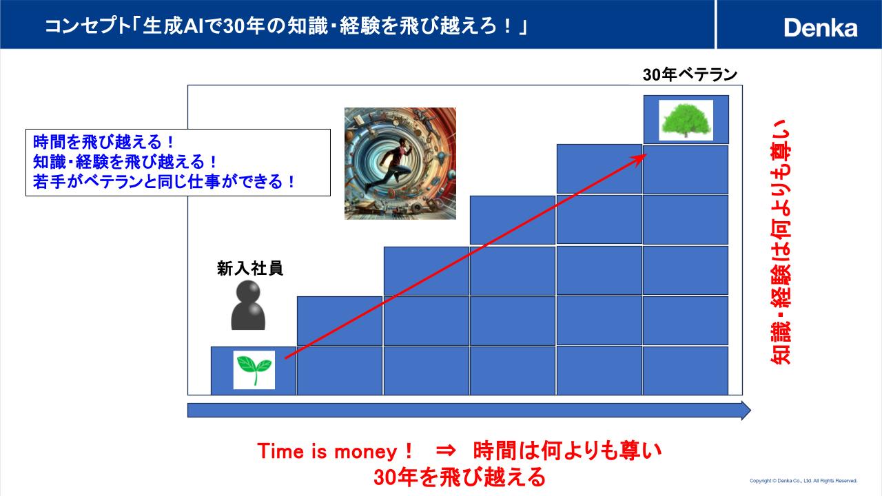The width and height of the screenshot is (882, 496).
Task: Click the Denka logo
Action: pyautogui.click(x=821, y=28)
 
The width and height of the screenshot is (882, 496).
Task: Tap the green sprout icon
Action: pyautogui.click(x=254, y=370)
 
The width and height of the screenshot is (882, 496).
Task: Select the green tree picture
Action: pyautogui.click(x=686, y=120)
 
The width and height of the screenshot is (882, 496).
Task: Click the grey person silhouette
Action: pyautogui.click(x=248, y=305)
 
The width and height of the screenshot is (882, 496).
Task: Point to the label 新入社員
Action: pyautogui.click(x=250, y=269)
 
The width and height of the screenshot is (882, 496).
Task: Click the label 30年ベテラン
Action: pyautogui.click(x=690, y=74)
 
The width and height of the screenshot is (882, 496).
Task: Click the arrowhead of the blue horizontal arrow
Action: pyautogui.click(x=746, y=411)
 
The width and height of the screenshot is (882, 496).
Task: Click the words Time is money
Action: pyautogui.click(x=327, y=451)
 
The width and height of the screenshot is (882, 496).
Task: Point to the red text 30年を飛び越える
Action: pyautogui.click(x=460, y=477)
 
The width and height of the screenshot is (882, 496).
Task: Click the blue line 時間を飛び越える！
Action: pyautogui.click(x=103, y=142)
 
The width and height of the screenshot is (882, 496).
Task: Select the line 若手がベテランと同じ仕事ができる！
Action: pyautogui.click(x=164, y=182)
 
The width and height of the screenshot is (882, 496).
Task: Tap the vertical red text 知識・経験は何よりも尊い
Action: pyautogui.click(x=780, y=242)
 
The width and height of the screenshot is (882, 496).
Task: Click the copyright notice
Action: pyautogui.click(x=803, y=481)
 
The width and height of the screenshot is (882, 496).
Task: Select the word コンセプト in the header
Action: pyautogui.click(x=87, y=27)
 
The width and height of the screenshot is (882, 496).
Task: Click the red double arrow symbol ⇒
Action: pyautogui.click(x=446, y=451)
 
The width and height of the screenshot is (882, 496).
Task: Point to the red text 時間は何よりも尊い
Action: pyautogui.click(x=567, y=451)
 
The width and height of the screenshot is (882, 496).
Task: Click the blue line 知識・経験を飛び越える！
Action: pyautogui.click(x=125, y=162)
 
